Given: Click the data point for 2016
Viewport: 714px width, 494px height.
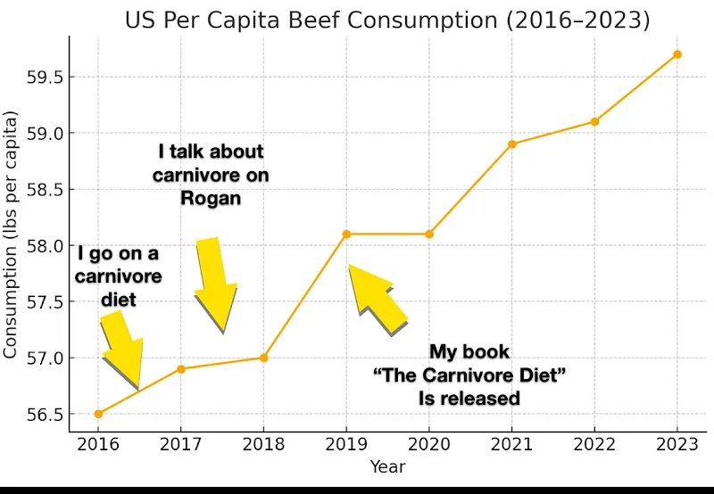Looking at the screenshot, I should point(98,414).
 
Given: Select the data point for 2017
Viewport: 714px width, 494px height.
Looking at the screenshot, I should point(181,368).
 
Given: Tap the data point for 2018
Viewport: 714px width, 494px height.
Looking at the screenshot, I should point(263,358).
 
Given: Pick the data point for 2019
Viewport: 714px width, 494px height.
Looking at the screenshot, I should point(346,234).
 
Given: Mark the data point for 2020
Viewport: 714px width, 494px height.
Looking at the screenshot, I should point(429,234).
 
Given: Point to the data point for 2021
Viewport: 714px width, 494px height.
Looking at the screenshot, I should point(512,144).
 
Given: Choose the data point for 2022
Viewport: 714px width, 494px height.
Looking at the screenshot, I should point(595,121).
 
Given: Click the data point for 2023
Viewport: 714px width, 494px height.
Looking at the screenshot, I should point(677,54).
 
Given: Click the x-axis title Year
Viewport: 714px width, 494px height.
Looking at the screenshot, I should point(388,466).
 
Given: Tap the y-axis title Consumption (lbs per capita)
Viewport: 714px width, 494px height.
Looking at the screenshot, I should point(12,235).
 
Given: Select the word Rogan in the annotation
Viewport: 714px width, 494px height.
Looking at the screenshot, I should point(211,197).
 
